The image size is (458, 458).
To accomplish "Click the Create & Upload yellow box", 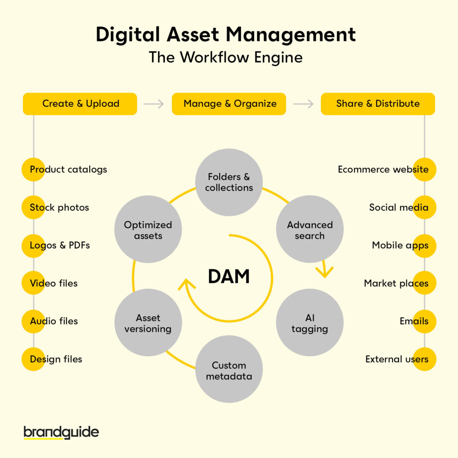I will [x=80, y=104].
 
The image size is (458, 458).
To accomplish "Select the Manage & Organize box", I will [x=229, y=104].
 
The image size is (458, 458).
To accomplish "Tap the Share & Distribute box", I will [x=378, y=104].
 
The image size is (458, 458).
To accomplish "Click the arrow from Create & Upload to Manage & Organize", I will [x=154, y=104].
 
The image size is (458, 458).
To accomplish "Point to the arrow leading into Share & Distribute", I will [x=303, y=104].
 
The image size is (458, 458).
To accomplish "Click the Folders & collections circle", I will [x=229, y=182].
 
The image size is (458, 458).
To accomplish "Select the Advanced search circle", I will [x=310, y=230].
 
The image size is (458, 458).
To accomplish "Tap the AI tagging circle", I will [x=310, y=323].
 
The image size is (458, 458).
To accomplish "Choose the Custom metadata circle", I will [x=229, y=370].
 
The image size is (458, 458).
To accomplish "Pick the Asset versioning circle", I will [x=148, y=323].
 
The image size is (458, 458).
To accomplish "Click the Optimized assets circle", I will [x=148, y=230].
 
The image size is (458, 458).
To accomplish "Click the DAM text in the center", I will [x=229, y=277].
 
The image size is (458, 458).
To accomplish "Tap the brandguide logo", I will [x=61, y=433].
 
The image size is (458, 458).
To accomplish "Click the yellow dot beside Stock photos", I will [x=34, y=208].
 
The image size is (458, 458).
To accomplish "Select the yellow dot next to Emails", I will [x=424, y=321].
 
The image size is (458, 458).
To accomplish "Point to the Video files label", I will [x=54, y=283].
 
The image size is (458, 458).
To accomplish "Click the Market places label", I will [x=396, y=283].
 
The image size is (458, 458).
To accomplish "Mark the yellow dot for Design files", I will [x=34, y=359].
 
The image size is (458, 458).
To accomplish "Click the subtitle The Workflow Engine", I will [x=226, y=57].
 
